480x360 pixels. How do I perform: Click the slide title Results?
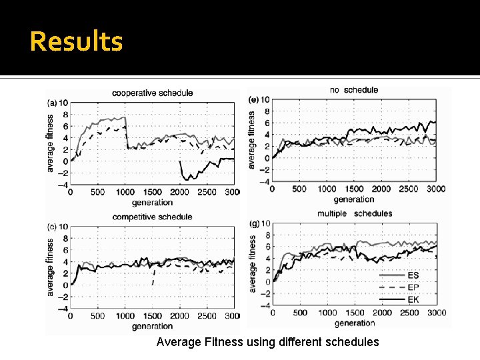tap(77, 41)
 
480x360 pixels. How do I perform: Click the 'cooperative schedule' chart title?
tap(152, 93)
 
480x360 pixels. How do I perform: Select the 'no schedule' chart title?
tap(353, 89)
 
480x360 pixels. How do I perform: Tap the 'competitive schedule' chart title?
tap(152, 217)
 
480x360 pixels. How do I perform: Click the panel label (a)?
tap(52, 103)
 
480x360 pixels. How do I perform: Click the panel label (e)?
tap(253, 100)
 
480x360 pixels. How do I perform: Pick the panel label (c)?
tap(52, 227)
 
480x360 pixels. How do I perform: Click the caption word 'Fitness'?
tap(220, 342)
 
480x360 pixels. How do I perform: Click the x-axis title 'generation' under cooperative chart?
tap(152, 201)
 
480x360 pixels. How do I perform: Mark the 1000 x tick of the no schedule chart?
tap(327, 189)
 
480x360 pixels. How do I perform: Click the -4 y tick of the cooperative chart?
tap(62, 185)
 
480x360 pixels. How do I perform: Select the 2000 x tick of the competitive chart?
tap(180, 316)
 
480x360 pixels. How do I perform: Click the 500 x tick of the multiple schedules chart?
tap(300, 313)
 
